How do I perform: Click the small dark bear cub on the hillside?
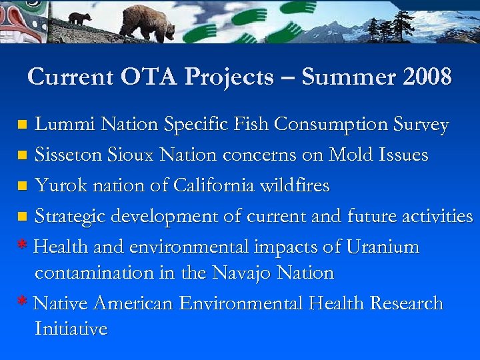click(x=80, y=19)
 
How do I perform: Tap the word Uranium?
click(x=382, y=247)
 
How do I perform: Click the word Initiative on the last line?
click(x=71, y=329)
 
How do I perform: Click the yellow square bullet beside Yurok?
click(x=22, y=186)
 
